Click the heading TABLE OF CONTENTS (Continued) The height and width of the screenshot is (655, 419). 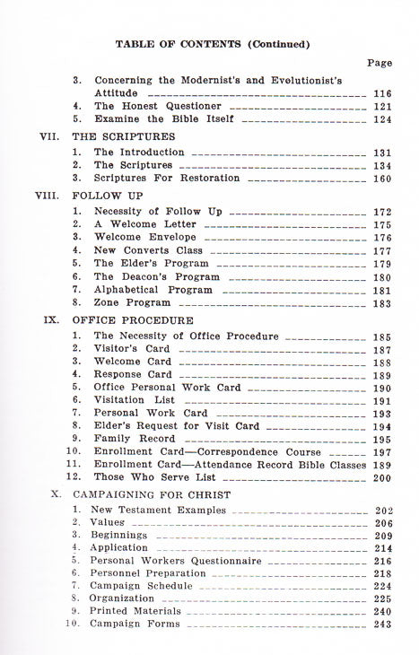[213, 43]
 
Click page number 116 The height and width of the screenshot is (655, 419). [382, 92]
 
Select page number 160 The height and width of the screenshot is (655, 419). [382, 178]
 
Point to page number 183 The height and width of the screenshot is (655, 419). [382, 303]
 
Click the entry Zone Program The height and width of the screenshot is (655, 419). [132, 303]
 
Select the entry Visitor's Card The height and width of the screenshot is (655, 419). [132, 349]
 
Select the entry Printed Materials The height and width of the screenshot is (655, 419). [135, 611]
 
